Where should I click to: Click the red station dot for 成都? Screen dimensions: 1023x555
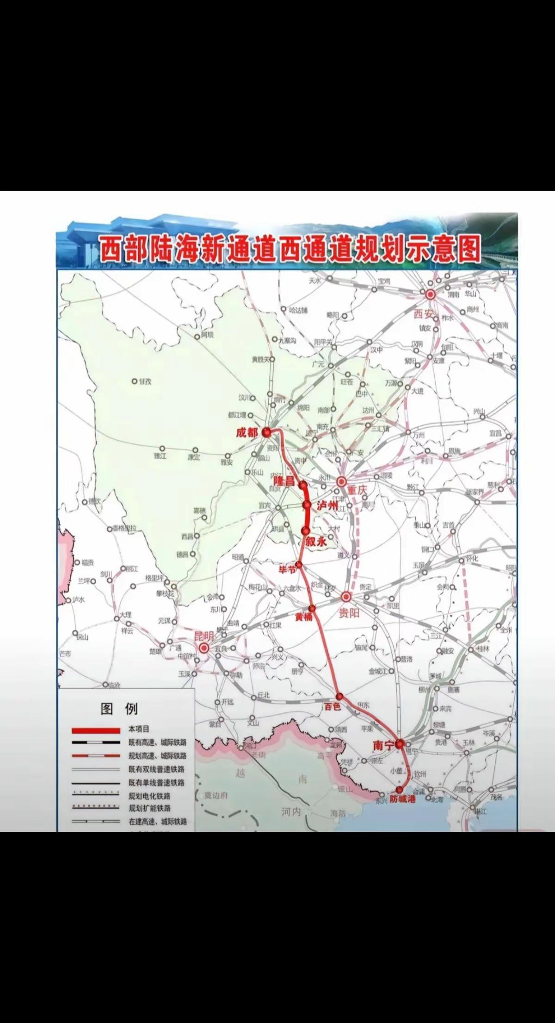point(266,432)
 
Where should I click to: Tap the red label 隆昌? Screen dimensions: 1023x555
point(284,481)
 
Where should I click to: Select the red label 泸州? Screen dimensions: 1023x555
point(327,506)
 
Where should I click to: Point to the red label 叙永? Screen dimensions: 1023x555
point(316,542)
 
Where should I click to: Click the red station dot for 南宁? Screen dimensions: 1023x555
point(400,744)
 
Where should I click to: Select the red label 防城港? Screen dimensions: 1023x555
point(402,798)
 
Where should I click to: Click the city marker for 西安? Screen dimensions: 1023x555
point(431,294)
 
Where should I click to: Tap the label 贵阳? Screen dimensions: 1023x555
point(349,614)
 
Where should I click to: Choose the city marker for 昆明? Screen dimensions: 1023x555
point(204,648)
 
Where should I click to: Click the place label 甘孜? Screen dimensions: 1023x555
point(145,381)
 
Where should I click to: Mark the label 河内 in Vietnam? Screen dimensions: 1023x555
point(291,811)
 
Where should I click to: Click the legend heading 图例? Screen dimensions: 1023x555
point(119,708)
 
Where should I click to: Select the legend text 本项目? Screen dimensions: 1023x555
point(139,729)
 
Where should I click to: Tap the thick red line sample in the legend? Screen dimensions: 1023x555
point(96,730)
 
